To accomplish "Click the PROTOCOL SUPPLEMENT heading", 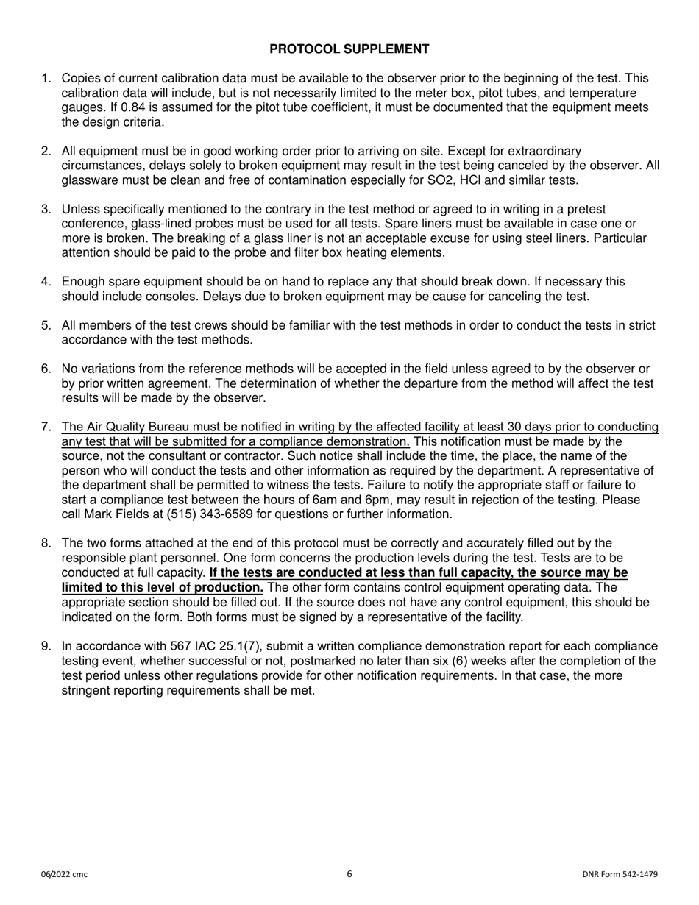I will point(349,49).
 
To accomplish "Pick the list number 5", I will point(46,326).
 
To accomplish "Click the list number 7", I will point(46,427).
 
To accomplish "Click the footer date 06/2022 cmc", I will point(64,874).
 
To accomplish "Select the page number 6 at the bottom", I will point(349,874).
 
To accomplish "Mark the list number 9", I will point(46,647).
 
